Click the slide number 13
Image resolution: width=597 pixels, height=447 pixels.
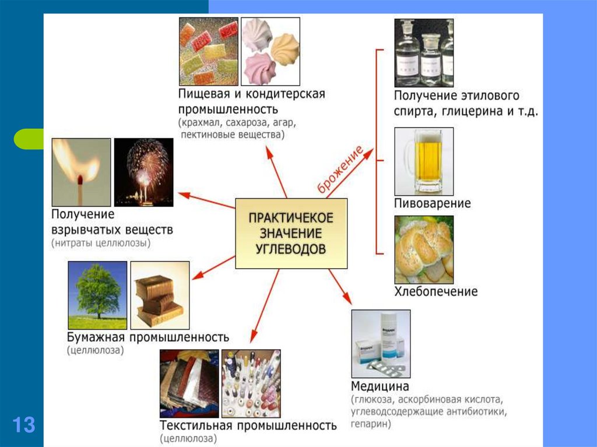23,424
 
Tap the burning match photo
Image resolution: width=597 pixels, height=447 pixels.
81,172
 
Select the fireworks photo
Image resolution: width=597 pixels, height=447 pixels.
143,172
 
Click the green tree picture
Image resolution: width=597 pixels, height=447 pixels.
97,295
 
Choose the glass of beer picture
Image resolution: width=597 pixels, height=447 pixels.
424,161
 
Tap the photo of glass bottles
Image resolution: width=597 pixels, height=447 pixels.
424,52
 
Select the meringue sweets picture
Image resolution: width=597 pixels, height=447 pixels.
271,51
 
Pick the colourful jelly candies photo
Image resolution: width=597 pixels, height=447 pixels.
208,51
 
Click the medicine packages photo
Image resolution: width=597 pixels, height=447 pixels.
381,343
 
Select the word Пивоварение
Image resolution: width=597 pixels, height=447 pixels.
433,204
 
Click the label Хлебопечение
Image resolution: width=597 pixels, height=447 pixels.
436,291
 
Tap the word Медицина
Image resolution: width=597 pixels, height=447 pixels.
380,386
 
